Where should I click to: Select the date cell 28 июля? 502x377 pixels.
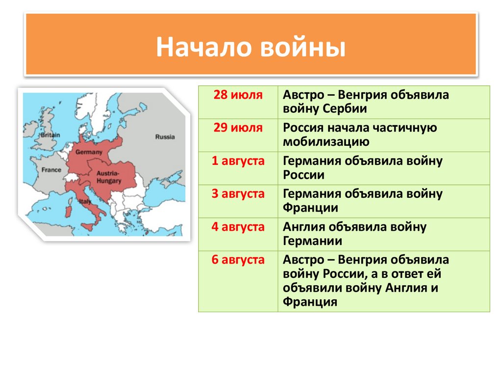pos(238,95)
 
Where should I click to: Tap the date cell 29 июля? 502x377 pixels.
pos(238,128)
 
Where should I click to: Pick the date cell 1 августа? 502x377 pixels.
pos(238,161)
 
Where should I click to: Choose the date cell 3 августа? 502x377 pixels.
pos(238,194)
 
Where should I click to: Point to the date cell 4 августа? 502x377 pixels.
pos(238,227)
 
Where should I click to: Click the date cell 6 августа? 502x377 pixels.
pos(238,260)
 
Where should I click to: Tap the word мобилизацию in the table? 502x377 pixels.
pos(326,142)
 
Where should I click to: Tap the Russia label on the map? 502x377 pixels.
pos(165,137)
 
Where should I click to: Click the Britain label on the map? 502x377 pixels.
pos(50,135)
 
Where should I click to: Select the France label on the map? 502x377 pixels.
pos(51,170)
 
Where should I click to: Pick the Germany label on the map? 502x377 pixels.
pos(89,152)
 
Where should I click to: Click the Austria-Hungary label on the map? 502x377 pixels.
pos(109,177)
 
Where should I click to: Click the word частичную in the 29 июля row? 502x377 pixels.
pos(405,128)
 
